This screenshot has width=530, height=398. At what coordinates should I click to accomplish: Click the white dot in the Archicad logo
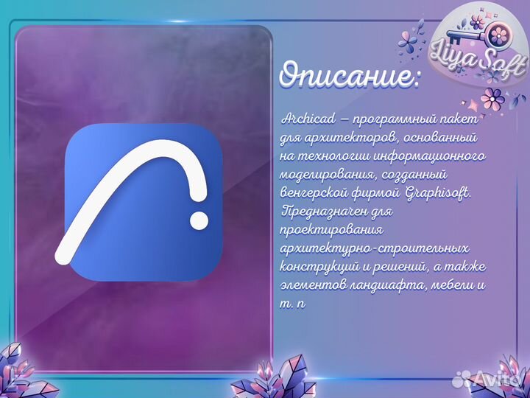coord(199,218)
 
